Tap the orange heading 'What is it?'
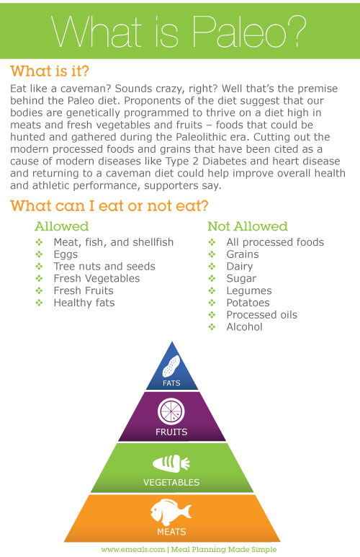50,71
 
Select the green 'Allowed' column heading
61,226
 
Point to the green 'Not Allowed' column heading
248,226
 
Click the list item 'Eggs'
66,254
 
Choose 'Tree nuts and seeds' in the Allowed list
104,267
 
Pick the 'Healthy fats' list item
84,303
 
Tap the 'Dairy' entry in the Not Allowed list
240,267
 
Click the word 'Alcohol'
244,327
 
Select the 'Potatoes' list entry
248,303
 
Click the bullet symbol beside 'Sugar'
212,278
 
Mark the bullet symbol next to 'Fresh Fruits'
39,290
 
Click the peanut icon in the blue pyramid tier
171,366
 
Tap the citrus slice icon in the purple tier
171,411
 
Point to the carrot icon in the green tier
171,463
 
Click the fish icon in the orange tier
171,512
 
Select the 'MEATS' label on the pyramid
171,532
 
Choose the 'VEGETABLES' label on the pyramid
171,482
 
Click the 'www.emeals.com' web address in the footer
133,550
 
